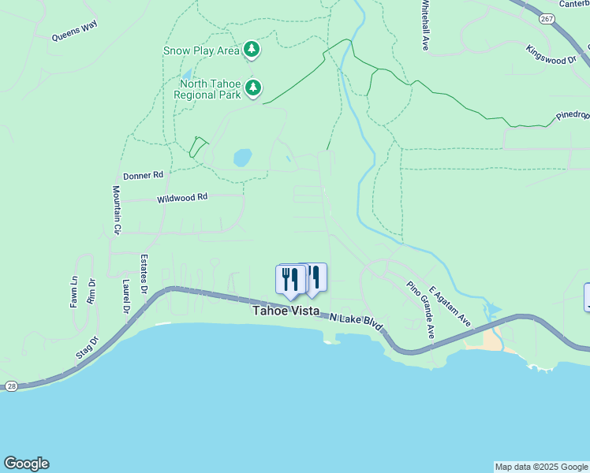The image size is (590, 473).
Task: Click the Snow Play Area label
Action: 201,51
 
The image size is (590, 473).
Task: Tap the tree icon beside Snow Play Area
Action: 252,50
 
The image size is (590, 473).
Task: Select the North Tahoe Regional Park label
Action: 208,89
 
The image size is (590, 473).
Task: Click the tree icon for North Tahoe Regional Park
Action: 252,88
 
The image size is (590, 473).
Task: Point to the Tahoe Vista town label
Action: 286,311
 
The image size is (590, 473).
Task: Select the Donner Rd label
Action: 143,175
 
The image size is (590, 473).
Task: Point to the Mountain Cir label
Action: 117,210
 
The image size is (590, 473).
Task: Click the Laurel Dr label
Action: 125,296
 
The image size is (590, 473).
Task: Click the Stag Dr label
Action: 88,348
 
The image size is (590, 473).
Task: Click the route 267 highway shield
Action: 545,17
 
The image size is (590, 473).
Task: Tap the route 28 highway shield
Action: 9,385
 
